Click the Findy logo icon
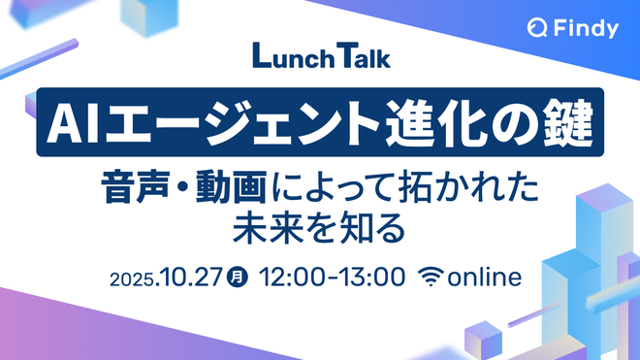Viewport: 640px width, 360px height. coord(537,28)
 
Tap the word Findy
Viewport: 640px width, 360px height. coord(586,28)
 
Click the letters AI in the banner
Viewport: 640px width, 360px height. coord(73,122)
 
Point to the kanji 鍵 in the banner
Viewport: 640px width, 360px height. coord(569,122)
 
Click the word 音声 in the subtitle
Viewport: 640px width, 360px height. coord(135,187)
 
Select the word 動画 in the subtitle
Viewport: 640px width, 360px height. coord(231,187)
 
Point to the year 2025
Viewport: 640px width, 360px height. coord(132,279)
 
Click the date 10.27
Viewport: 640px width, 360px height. coord(191,278)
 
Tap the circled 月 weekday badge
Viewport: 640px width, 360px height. coord(238,277)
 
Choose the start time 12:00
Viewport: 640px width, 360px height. coord(293,278)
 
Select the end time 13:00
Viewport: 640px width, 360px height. coord(371,278)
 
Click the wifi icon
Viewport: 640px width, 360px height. coord(431,277)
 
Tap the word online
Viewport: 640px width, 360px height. coord(485,277)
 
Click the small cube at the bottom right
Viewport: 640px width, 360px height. coord(483,341)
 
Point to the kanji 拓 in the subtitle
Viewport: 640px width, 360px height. coord(415,187)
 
